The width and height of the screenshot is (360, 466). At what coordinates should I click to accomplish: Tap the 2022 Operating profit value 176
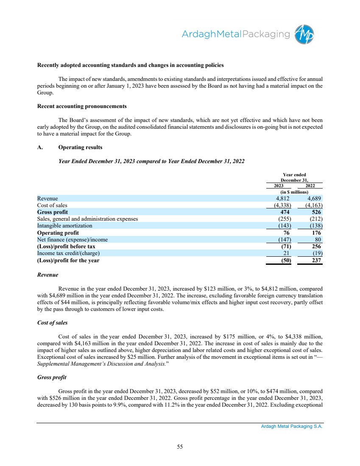315,233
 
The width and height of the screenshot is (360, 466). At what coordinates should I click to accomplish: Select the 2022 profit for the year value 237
315,261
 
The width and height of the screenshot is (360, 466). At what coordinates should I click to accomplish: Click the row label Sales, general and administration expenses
87,219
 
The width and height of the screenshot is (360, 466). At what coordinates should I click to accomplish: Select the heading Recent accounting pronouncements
82,106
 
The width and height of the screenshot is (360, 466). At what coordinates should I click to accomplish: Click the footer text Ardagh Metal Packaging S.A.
292,427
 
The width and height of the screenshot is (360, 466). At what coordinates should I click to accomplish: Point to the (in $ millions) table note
295,192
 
